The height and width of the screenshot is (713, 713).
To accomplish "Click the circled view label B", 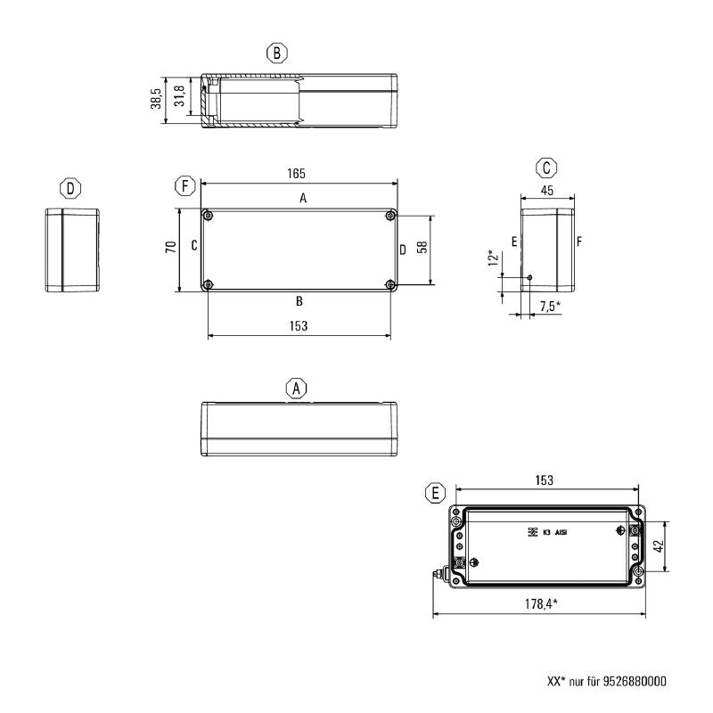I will (x=278, y=53).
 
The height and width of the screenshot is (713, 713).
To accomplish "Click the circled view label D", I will (x=70, y=188).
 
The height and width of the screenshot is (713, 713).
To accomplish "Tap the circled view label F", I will (x=184, y=186).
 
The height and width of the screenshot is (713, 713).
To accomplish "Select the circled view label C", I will (x=547, y=167).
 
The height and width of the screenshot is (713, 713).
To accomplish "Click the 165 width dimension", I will (x=298, y=173).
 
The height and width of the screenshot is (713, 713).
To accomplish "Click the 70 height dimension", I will (x=169, y=250).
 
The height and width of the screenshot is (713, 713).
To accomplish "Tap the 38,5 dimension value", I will (x=156, y=99).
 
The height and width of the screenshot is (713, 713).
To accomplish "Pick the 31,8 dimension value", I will (x=180, y=96).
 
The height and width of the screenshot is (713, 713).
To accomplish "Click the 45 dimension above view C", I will (x=546, y=189).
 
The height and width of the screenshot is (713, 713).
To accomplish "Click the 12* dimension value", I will (x=493, y=258).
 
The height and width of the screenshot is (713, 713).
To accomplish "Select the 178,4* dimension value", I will (x=542, y=604).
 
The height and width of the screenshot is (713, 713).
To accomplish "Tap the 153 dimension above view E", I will (x=544, y=479).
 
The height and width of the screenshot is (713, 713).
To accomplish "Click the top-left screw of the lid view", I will (x=208, y=215).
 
